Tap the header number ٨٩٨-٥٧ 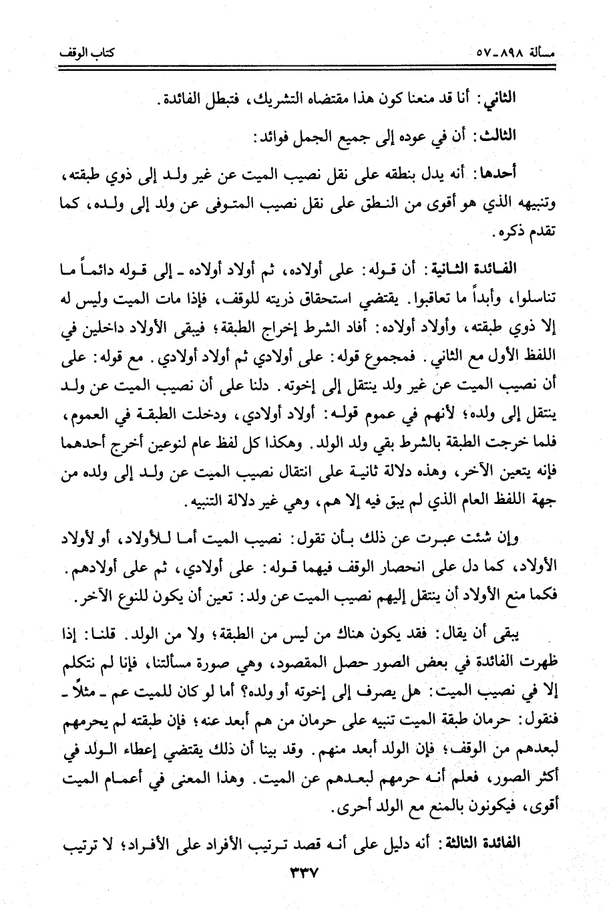(x=505, y=51)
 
